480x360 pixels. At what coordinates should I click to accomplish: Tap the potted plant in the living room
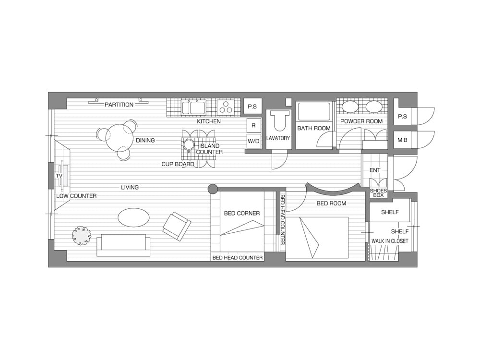82,235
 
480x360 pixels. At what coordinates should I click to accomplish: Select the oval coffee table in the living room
134,217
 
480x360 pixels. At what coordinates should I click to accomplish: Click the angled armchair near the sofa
177,226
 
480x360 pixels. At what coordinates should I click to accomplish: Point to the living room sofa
123,245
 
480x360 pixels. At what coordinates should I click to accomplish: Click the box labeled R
253,125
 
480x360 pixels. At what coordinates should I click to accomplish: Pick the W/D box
253,141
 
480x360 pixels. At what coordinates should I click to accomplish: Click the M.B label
402,140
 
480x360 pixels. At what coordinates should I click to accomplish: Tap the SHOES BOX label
378,192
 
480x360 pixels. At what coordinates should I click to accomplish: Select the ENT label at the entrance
375,170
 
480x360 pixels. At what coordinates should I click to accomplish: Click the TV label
59,176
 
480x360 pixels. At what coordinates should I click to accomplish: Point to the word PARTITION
119,105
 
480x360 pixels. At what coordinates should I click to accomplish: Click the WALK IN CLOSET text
390,241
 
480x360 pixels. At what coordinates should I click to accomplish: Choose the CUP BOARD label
178,164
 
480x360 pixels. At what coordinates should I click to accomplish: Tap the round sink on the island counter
189,144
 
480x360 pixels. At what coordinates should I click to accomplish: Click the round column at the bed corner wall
213,189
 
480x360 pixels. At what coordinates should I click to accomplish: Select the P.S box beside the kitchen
252,107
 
